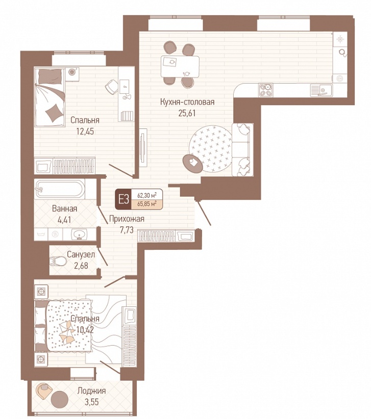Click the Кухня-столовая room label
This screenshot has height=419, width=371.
(x=187, y=102)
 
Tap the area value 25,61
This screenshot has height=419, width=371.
(x=187, y=113)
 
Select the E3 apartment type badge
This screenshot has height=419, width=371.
(x=123, y=199)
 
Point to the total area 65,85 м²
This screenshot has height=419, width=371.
(x=147, y=204)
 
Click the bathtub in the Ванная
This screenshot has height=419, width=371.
(x=60, y=189)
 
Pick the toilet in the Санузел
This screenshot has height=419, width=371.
(x=58, y=261)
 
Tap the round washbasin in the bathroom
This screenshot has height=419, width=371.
(x=80, y=234)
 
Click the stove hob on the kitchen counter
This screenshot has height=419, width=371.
(x=265, y=90)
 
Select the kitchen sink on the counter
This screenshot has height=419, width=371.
(x=321, y=90)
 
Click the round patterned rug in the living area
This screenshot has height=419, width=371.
(x=211, y=149)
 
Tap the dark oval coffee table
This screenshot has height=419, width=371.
(x=192, y=163)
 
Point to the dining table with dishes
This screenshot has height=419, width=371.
(x=180, y=66)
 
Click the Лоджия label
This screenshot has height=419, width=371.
(x=91, y=391)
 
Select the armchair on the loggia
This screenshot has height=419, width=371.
(x=44, y=392)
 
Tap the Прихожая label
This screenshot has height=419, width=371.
(x=127, y=219)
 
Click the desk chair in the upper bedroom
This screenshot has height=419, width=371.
(x=112, y=87)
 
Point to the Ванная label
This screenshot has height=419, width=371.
(x=64, y=208)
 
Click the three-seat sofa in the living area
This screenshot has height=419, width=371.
(x=242, y=150)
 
